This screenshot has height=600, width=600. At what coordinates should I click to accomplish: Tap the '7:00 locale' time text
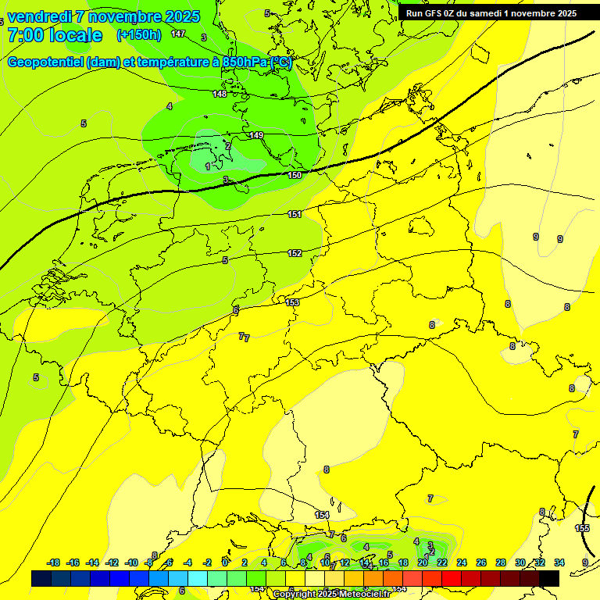click(55, 35)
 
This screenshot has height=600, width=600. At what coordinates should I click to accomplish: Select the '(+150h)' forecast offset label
click(138, 34)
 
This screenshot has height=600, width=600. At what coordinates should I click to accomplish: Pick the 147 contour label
click(178, 34)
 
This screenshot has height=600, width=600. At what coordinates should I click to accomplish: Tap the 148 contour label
click(220, 94)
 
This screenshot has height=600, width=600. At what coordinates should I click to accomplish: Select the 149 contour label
click(256, 135)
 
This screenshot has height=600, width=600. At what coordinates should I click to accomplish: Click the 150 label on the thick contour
click(295, 175)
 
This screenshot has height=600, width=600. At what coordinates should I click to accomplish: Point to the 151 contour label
click(295, 214)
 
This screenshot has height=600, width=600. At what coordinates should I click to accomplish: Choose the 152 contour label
click(295, 253)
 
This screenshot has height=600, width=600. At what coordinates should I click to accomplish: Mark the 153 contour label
click(292, 302)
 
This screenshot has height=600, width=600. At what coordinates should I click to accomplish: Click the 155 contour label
click(582, 529)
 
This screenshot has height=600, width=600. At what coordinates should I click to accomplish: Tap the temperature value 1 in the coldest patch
click(208, 166)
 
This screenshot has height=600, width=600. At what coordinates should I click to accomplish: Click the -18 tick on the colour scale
click(54, 562)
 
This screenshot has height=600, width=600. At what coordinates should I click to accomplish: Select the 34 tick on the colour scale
click(559, 562)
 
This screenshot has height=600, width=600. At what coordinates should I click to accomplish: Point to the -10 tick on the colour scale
click(131, 562)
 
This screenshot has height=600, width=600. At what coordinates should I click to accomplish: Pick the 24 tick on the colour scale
click(462, 562)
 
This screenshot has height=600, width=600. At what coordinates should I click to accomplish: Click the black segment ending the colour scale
click(549, 578)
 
